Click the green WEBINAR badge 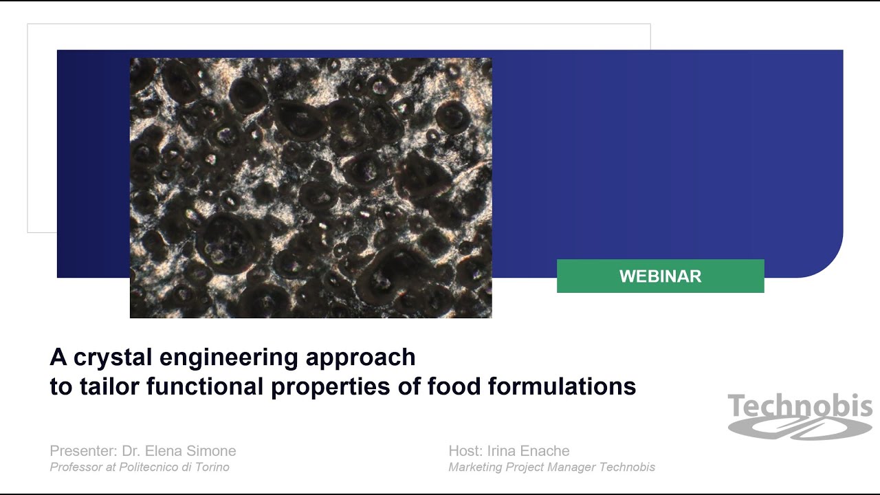click(660, 276)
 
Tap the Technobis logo click(800, 415)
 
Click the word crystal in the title click(112, 357)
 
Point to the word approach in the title click(360, 358)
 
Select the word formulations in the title click(562, 386)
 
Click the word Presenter click(82, 451)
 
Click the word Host click(463, 451)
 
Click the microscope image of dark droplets click(311, 188)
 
